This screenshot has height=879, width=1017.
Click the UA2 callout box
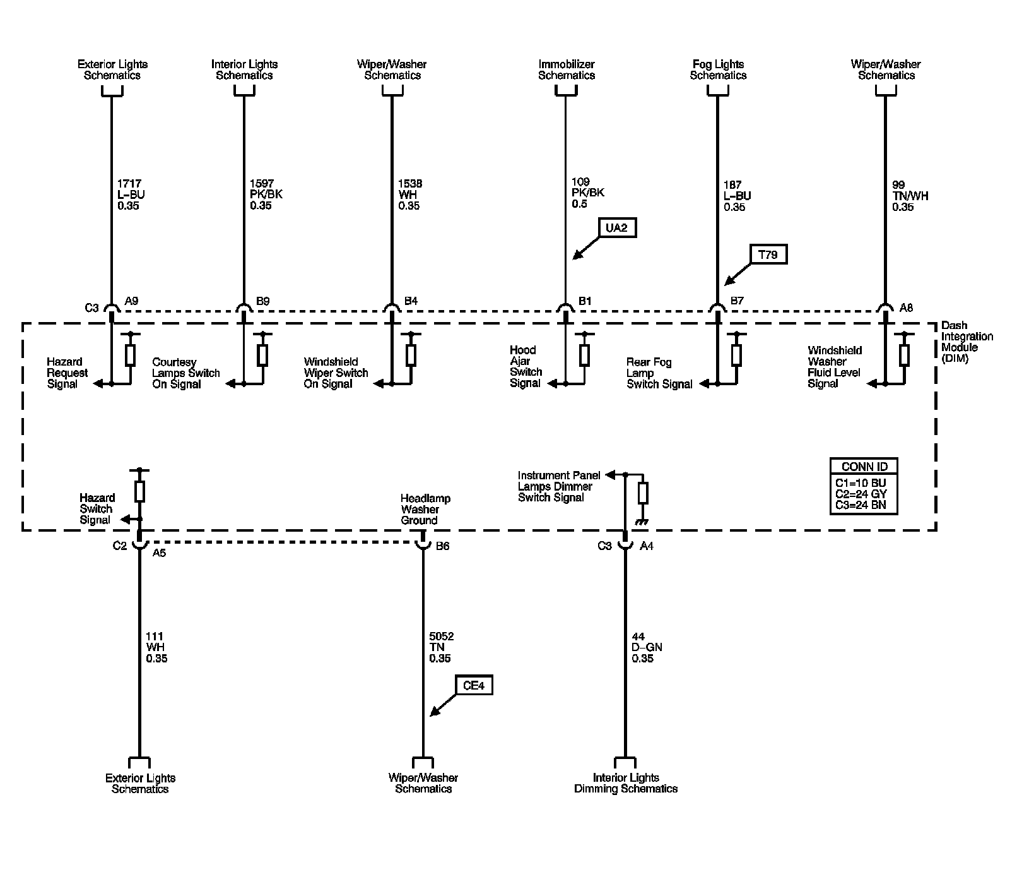point(616,227)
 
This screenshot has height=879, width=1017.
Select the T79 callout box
point(768,254)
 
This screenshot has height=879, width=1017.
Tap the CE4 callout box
point(473,685)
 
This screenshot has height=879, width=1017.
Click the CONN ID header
point(864,467)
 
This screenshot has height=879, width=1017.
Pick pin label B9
point(262,301)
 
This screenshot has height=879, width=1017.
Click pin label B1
point(585,301)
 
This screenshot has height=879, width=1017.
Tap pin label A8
point(905,308)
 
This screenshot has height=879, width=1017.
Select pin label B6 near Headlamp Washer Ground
point(442,546)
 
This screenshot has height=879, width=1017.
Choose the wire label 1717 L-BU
point(131,194)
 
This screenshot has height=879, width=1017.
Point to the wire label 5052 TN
point(441,647)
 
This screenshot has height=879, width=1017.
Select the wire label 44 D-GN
point(647,647)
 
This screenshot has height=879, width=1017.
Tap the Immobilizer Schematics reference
point(566,69)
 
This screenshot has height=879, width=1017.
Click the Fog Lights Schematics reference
point(718,69)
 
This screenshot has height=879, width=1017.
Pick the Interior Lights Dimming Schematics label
point(625,783)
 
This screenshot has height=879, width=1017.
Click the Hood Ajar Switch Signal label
point(526,366)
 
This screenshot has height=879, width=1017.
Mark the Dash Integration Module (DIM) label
point(967,342)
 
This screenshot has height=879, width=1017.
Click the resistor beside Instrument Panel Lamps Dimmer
point(643,493)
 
